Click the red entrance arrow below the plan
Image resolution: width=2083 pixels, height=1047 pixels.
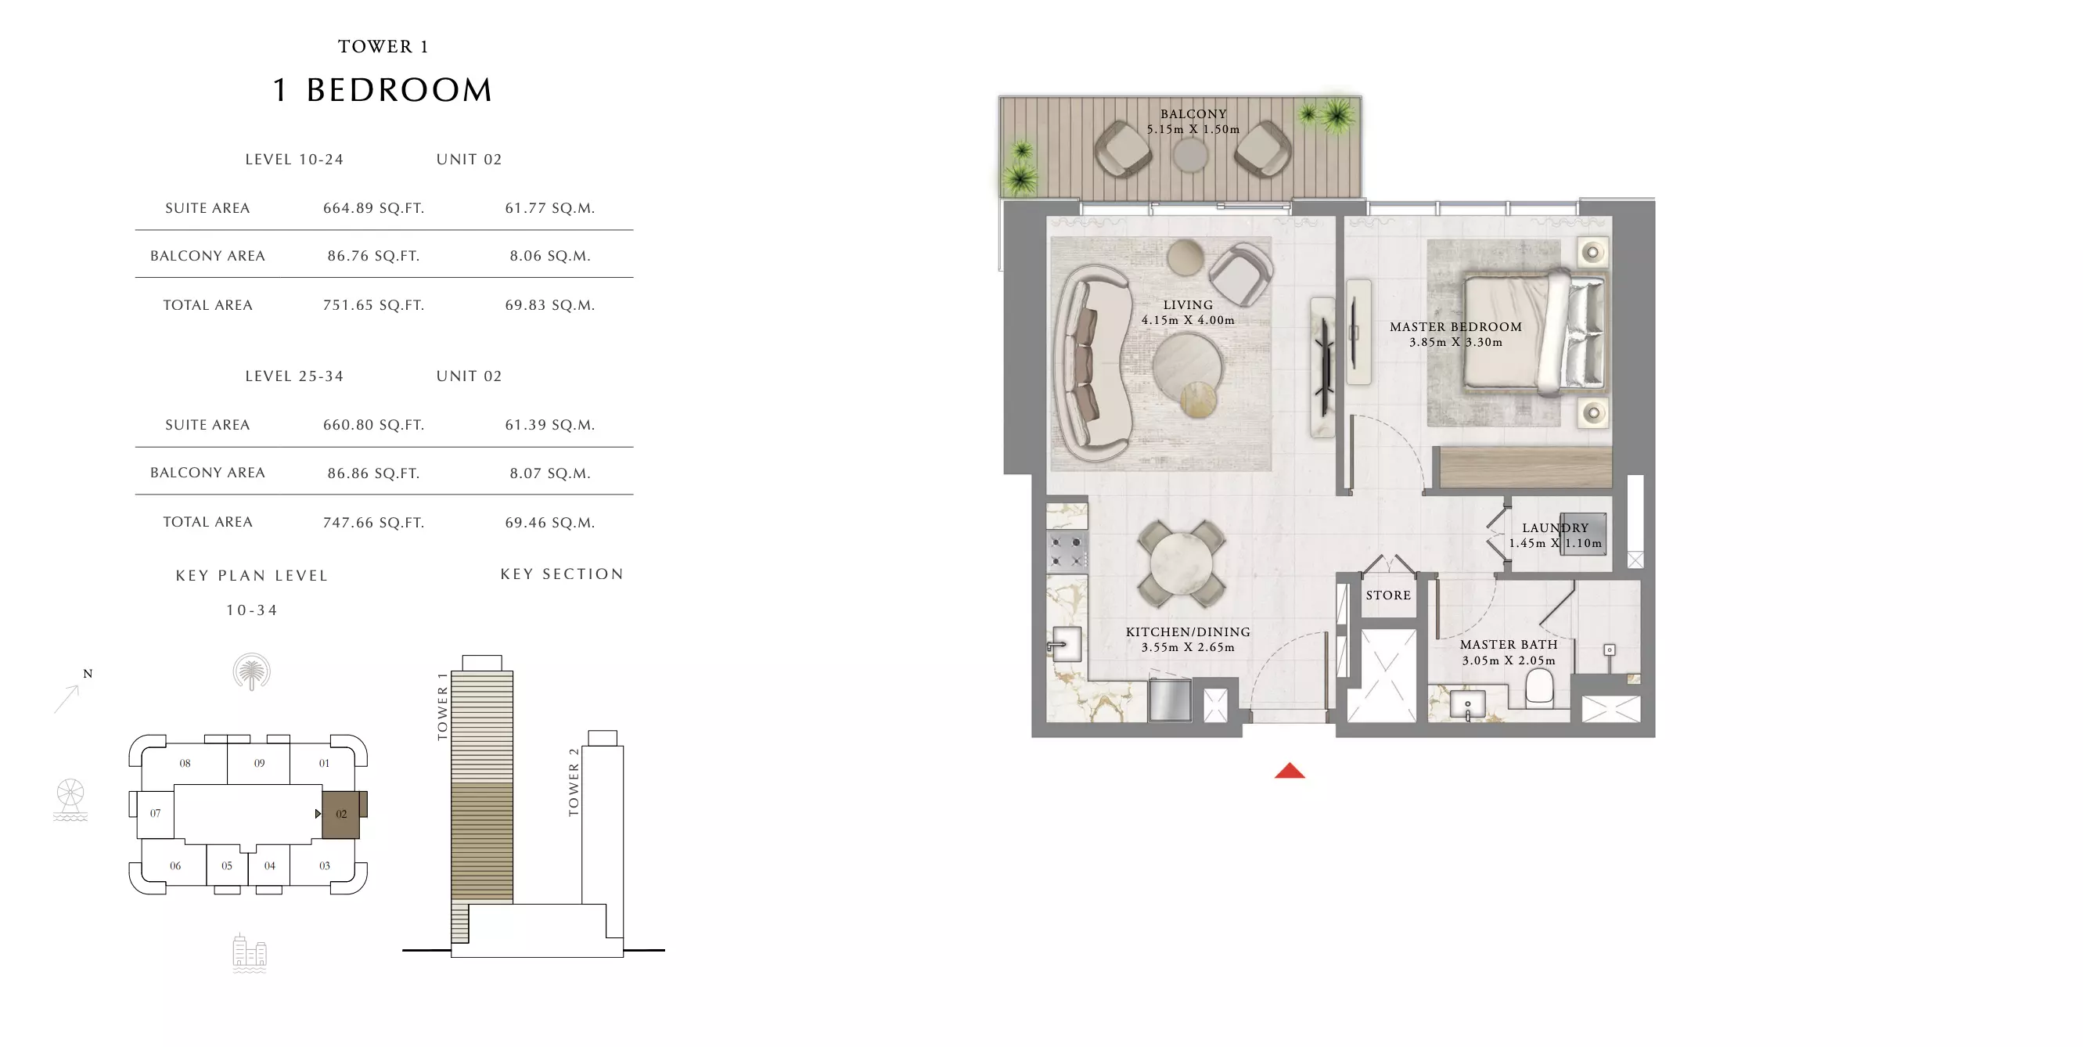tap(1290, 771)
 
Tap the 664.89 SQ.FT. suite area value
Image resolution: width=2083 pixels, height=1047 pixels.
tap(373, 208)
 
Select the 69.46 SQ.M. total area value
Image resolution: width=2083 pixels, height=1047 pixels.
tap(550, 522)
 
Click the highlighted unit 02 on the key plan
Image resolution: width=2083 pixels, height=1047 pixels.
tap(341, 814)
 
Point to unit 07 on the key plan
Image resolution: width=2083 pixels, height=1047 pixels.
tap(155, 813)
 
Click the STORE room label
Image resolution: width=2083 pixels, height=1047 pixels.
tap(1388, 595)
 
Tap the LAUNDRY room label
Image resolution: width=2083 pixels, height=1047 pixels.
tap(1555, 528)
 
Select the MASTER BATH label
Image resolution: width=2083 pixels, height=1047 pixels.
tap(1508, 644)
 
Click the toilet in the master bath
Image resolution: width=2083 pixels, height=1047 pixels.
tap(1539, 690)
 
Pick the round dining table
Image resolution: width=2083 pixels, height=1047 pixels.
tap(1182, 563)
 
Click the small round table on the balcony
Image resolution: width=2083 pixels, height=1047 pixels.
tap(1190, 155)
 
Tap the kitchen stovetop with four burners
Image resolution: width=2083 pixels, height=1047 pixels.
tap(1067, 552)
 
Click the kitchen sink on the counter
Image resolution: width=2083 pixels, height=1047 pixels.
tap(1066, 645)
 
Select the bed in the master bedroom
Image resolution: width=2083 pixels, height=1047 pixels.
tap(1534, 333)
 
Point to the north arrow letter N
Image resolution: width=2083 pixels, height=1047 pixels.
tap(88, 674)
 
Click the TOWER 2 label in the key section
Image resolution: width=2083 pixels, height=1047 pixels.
tap(574, 782)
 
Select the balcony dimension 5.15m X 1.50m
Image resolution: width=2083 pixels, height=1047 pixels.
tap(1193, 129)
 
